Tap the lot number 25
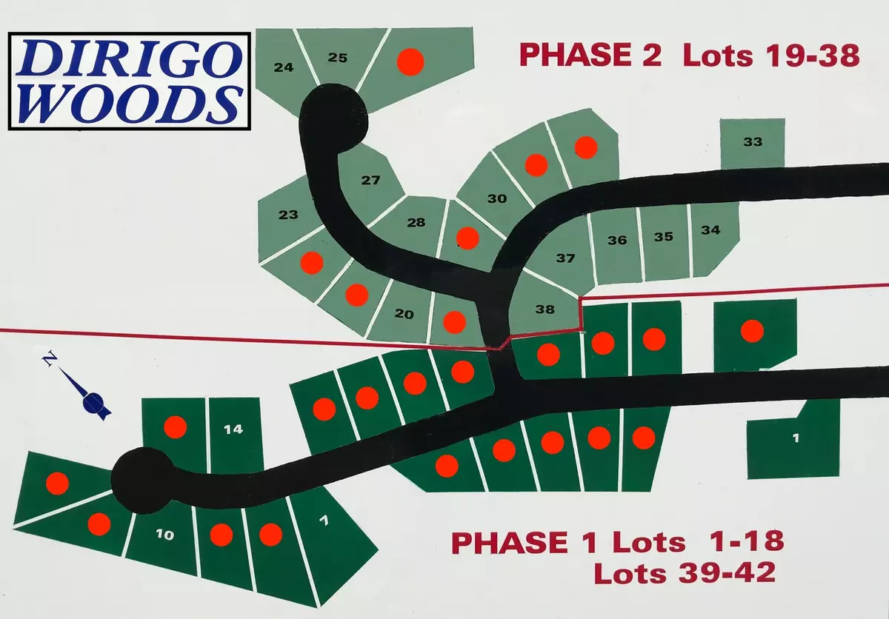click(337, 58)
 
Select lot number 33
click(753, 142)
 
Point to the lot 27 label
click(370, 181)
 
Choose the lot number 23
click(288, 215)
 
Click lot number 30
click(497, 198)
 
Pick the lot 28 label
click(416, 223)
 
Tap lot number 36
click(617, 240)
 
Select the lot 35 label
click(663, 237)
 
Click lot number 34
click(710, 230)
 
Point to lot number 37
click(565, 258)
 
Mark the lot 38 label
click(545, 309)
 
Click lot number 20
click(404, 314)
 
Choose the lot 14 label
click(233, 429)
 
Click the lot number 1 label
click(796, 438)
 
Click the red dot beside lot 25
click(409, 62)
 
